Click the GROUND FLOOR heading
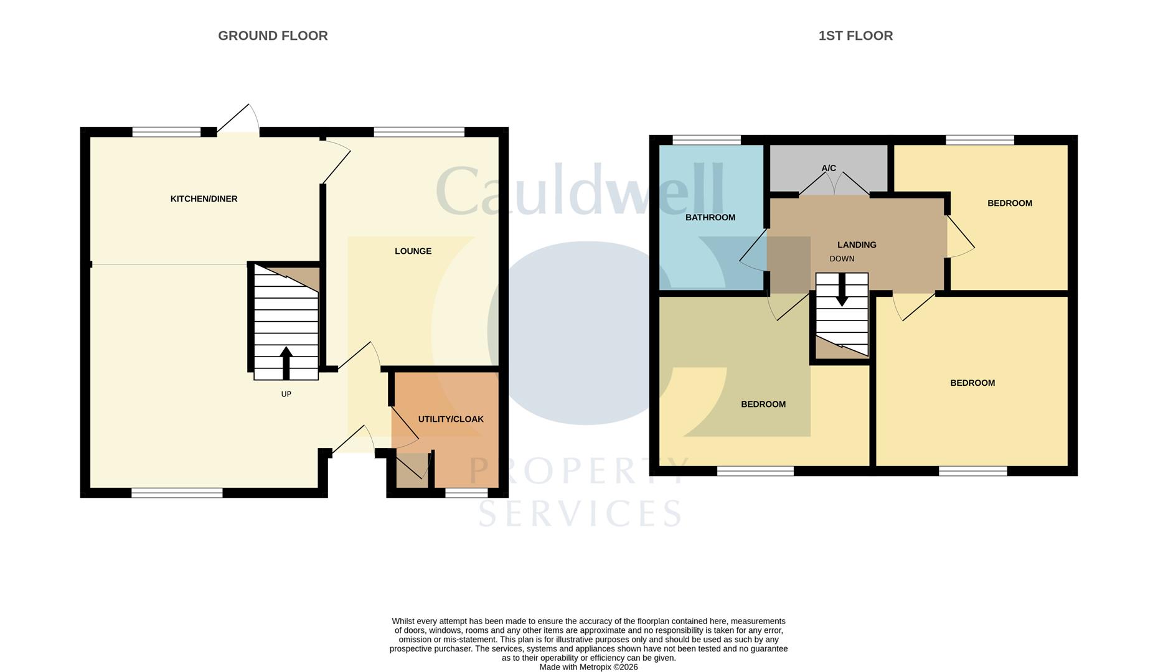(x=273, y=36)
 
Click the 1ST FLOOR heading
(x=855, y=36)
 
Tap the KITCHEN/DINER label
(x=204, y=199)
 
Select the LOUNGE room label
(x=413, y=251)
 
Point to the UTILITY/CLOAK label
(x=451, y=419)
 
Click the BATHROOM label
(x=710, y=218)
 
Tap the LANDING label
(x=857, y=245)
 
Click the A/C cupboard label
(x=829, y=168)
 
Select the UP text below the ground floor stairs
(x=286, y=394)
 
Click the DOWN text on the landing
(x=842, y=259)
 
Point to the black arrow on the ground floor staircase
(x=286, y=363)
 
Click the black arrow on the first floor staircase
(x=842, y=290)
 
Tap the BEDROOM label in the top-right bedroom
(x=1010, y=203)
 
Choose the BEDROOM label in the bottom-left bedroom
(x=763, y=404)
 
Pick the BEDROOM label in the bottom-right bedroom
(x=972, y=383)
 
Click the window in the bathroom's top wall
(x=707, y=140)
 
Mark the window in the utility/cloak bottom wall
(x=466, y=493)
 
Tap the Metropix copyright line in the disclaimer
(x=589, y=667)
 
